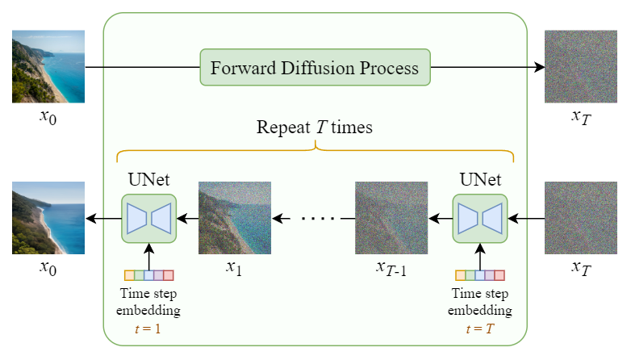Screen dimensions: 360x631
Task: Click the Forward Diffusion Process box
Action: pyautogui.click(x=315, y=67)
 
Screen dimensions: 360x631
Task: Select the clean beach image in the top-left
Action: pyautogui.click(x=48, y=67)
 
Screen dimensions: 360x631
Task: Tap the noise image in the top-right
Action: pyautogui.click(x=580, y=67)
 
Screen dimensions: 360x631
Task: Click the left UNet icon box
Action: pyautogui.click(x=149, y=218)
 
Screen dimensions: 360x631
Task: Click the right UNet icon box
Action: pyautogui.click(x=480, y=218)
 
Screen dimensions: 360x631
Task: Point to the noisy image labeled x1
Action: pyautogui.click(x=234, y=218)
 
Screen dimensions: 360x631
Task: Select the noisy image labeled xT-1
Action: pyautogui.click(x=391, y=218)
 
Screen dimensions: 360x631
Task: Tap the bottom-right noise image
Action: pyautogui.click(x=580, y=218)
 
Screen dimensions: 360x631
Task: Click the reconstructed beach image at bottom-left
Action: pyautogui.click(x=48, y=218)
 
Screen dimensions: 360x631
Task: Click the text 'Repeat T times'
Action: pyautogui.click(x=315, y=128)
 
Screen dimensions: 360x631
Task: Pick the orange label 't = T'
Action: pyautogui.click(x=479, y=328)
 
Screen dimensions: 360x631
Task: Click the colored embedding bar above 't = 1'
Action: pyautogui.click(x=149, y=275)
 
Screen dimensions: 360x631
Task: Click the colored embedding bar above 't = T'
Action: pyautogui.click(x=480, y=275)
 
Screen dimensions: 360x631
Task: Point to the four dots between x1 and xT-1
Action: pyautogui.click(x=323, y=218)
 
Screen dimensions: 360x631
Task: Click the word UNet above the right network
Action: pyautogui.click(x=480, y=179)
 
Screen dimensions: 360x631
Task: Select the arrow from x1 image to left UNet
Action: pyautogui.click(x=188, y=218)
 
